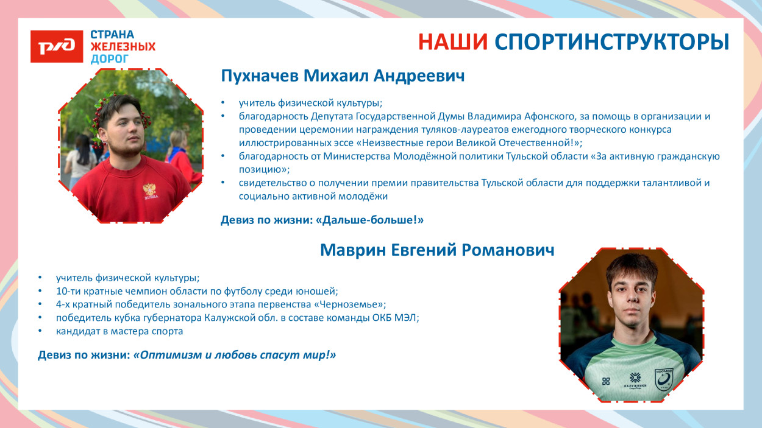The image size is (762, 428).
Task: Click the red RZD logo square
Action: (57, 46)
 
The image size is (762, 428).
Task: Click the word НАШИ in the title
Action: (452, 41)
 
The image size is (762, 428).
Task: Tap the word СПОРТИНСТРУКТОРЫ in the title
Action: (611, 41)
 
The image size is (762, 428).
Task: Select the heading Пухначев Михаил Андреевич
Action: (343, 76)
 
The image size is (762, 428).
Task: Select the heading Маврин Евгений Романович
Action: (436, 250)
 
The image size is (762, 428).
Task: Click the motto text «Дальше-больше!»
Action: (370, 220)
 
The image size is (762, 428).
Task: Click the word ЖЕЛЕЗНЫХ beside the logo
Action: (123, 47)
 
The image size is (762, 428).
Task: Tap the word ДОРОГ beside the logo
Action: (110, 59)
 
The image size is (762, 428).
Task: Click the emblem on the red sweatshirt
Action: (150, 190)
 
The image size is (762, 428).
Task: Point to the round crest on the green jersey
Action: (663, 379)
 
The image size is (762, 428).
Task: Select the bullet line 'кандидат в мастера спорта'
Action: (119, 331)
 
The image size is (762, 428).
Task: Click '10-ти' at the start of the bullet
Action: (67, 291)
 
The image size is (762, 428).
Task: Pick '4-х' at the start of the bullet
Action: (63, 304)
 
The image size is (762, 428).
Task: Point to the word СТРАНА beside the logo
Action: (112, 35)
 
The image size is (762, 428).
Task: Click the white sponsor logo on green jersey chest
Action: (635, 379)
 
